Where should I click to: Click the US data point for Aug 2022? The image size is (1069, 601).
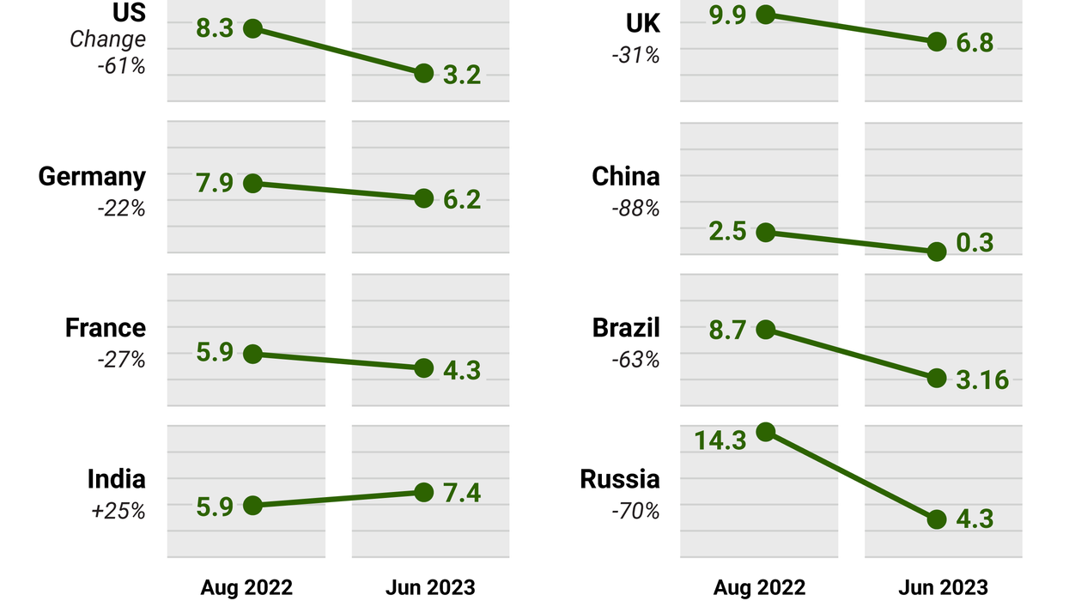tap(252, 28)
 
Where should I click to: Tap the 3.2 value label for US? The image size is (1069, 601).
tap(462, 75)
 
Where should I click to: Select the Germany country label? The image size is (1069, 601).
tap(92, 177)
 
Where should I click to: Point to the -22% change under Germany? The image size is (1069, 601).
tap(120, 208)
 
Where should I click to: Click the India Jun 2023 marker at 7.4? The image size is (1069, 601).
tap(423, 492)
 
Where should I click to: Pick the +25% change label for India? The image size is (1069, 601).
tap(118, 511)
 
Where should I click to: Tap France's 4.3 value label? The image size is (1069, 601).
tap(462, 370)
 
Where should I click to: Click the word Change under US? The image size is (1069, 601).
tap(107, 39)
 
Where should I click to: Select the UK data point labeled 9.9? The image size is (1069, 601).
tap(766, 14)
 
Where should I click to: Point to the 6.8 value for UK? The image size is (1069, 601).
tap(975, 43)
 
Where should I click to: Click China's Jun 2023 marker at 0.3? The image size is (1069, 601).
tap(937, 252)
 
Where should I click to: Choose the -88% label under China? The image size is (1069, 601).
tap(635, 208)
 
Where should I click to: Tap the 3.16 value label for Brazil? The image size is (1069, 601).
tap(982, 379)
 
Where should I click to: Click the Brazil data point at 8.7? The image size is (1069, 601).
tap(766, 330)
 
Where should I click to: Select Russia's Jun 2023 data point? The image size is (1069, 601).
tap(937, 519)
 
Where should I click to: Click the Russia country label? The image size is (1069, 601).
tap(620, 479)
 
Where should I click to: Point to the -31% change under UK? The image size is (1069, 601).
tap(635, 56)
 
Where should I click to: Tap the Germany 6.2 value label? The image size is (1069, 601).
tap(462, 200)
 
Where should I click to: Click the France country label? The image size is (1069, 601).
tap(106, 328)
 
